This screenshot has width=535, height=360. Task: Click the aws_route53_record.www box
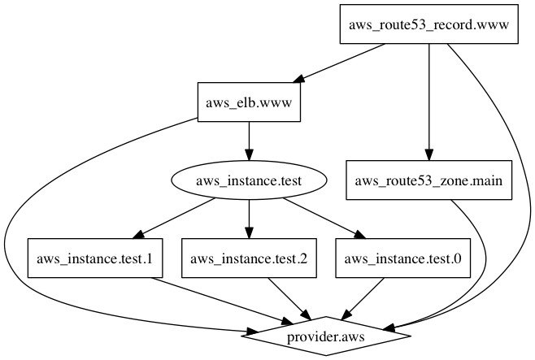coord(428,24)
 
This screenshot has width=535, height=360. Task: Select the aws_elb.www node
coord(249,103)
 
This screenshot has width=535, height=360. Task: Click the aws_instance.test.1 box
coord(95,259)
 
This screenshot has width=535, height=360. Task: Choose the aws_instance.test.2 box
coord(249,259)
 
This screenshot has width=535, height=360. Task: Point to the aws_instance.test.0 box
coord(402,259)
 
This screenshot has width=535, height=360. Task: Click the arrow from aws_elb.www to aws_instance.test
coord(249,142)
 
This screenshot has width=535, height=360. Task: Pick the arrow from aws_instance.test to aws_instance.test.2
coord(249,220)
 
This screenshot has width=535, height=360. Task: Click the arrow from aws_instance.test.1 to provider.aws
coord(211,301)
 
